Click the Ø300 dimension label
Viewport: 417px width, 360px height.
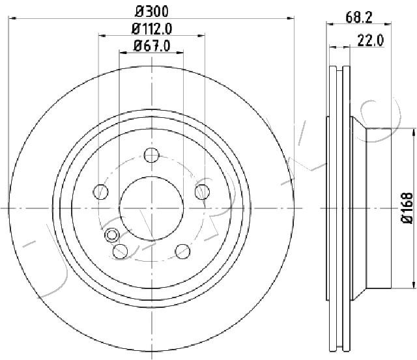pyautogui.click(x=152, y=11)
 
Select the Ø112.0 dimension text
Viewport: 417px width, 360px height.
pyautogui.click(x=152, y=29)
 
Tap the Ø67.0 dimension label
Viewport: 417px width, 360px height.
pyautogui.click(x=152, y=46)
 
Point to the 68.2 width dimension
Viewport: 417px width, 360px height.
pyautogui.click(x=359, y=18)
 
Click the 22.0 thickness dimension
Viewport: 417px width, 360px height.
pyautogui.click(x=371, y=40)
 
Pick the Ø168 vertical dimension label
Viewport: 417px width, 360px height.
pyautogui.click(x=407, y=208)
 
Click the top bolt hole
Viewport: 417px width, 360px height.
pyautogui.click(x=152, y=155)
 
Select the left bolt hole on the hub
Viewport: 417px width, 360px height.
pyautogui.click(x=101, y=191)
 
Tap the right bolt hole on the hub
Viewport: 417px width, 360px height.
pyautogui.click(x=202, y=191)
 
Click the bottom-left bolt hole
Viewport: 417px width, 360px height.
pyautogui.click(x=120, y=251)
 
